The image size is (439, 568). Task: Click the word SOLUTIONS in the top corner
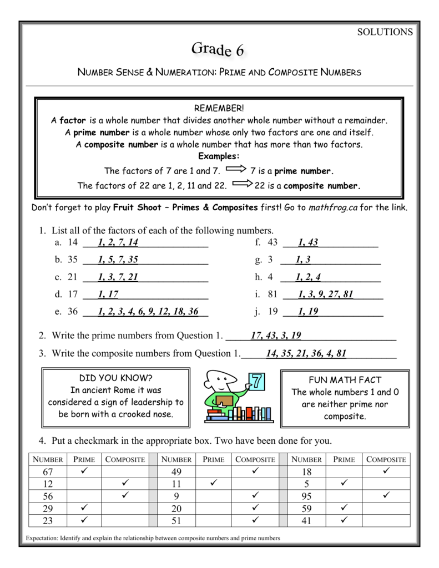(x=385, y=32)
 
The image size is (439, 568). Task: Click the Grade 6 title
(x=218, y=50)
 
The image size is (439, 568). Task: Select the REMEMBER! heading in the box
(x=219, y=107)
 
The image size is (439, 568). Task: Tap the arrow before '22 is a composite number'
(x=243, y=185)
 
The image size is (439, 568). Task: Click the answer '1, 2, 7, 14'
(x=118, y=242)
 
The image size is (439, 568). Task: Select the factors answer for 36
(x=148, y=312)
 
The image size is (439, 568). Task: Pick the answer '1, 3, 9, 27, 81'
(x=325, y=295)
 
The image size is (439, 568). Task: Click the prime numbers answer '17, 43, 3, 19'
(x=276, y=336)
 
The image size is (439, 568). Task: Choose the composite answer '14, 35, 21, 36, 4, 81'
(x=306, y=353)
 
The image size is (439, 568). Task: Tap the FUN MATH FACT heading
(x=345, y=380)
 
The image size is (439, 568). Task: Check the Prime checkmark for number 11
(x=213, y=484)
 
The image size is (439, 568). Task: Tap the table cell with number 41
(x=306, y=521)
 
